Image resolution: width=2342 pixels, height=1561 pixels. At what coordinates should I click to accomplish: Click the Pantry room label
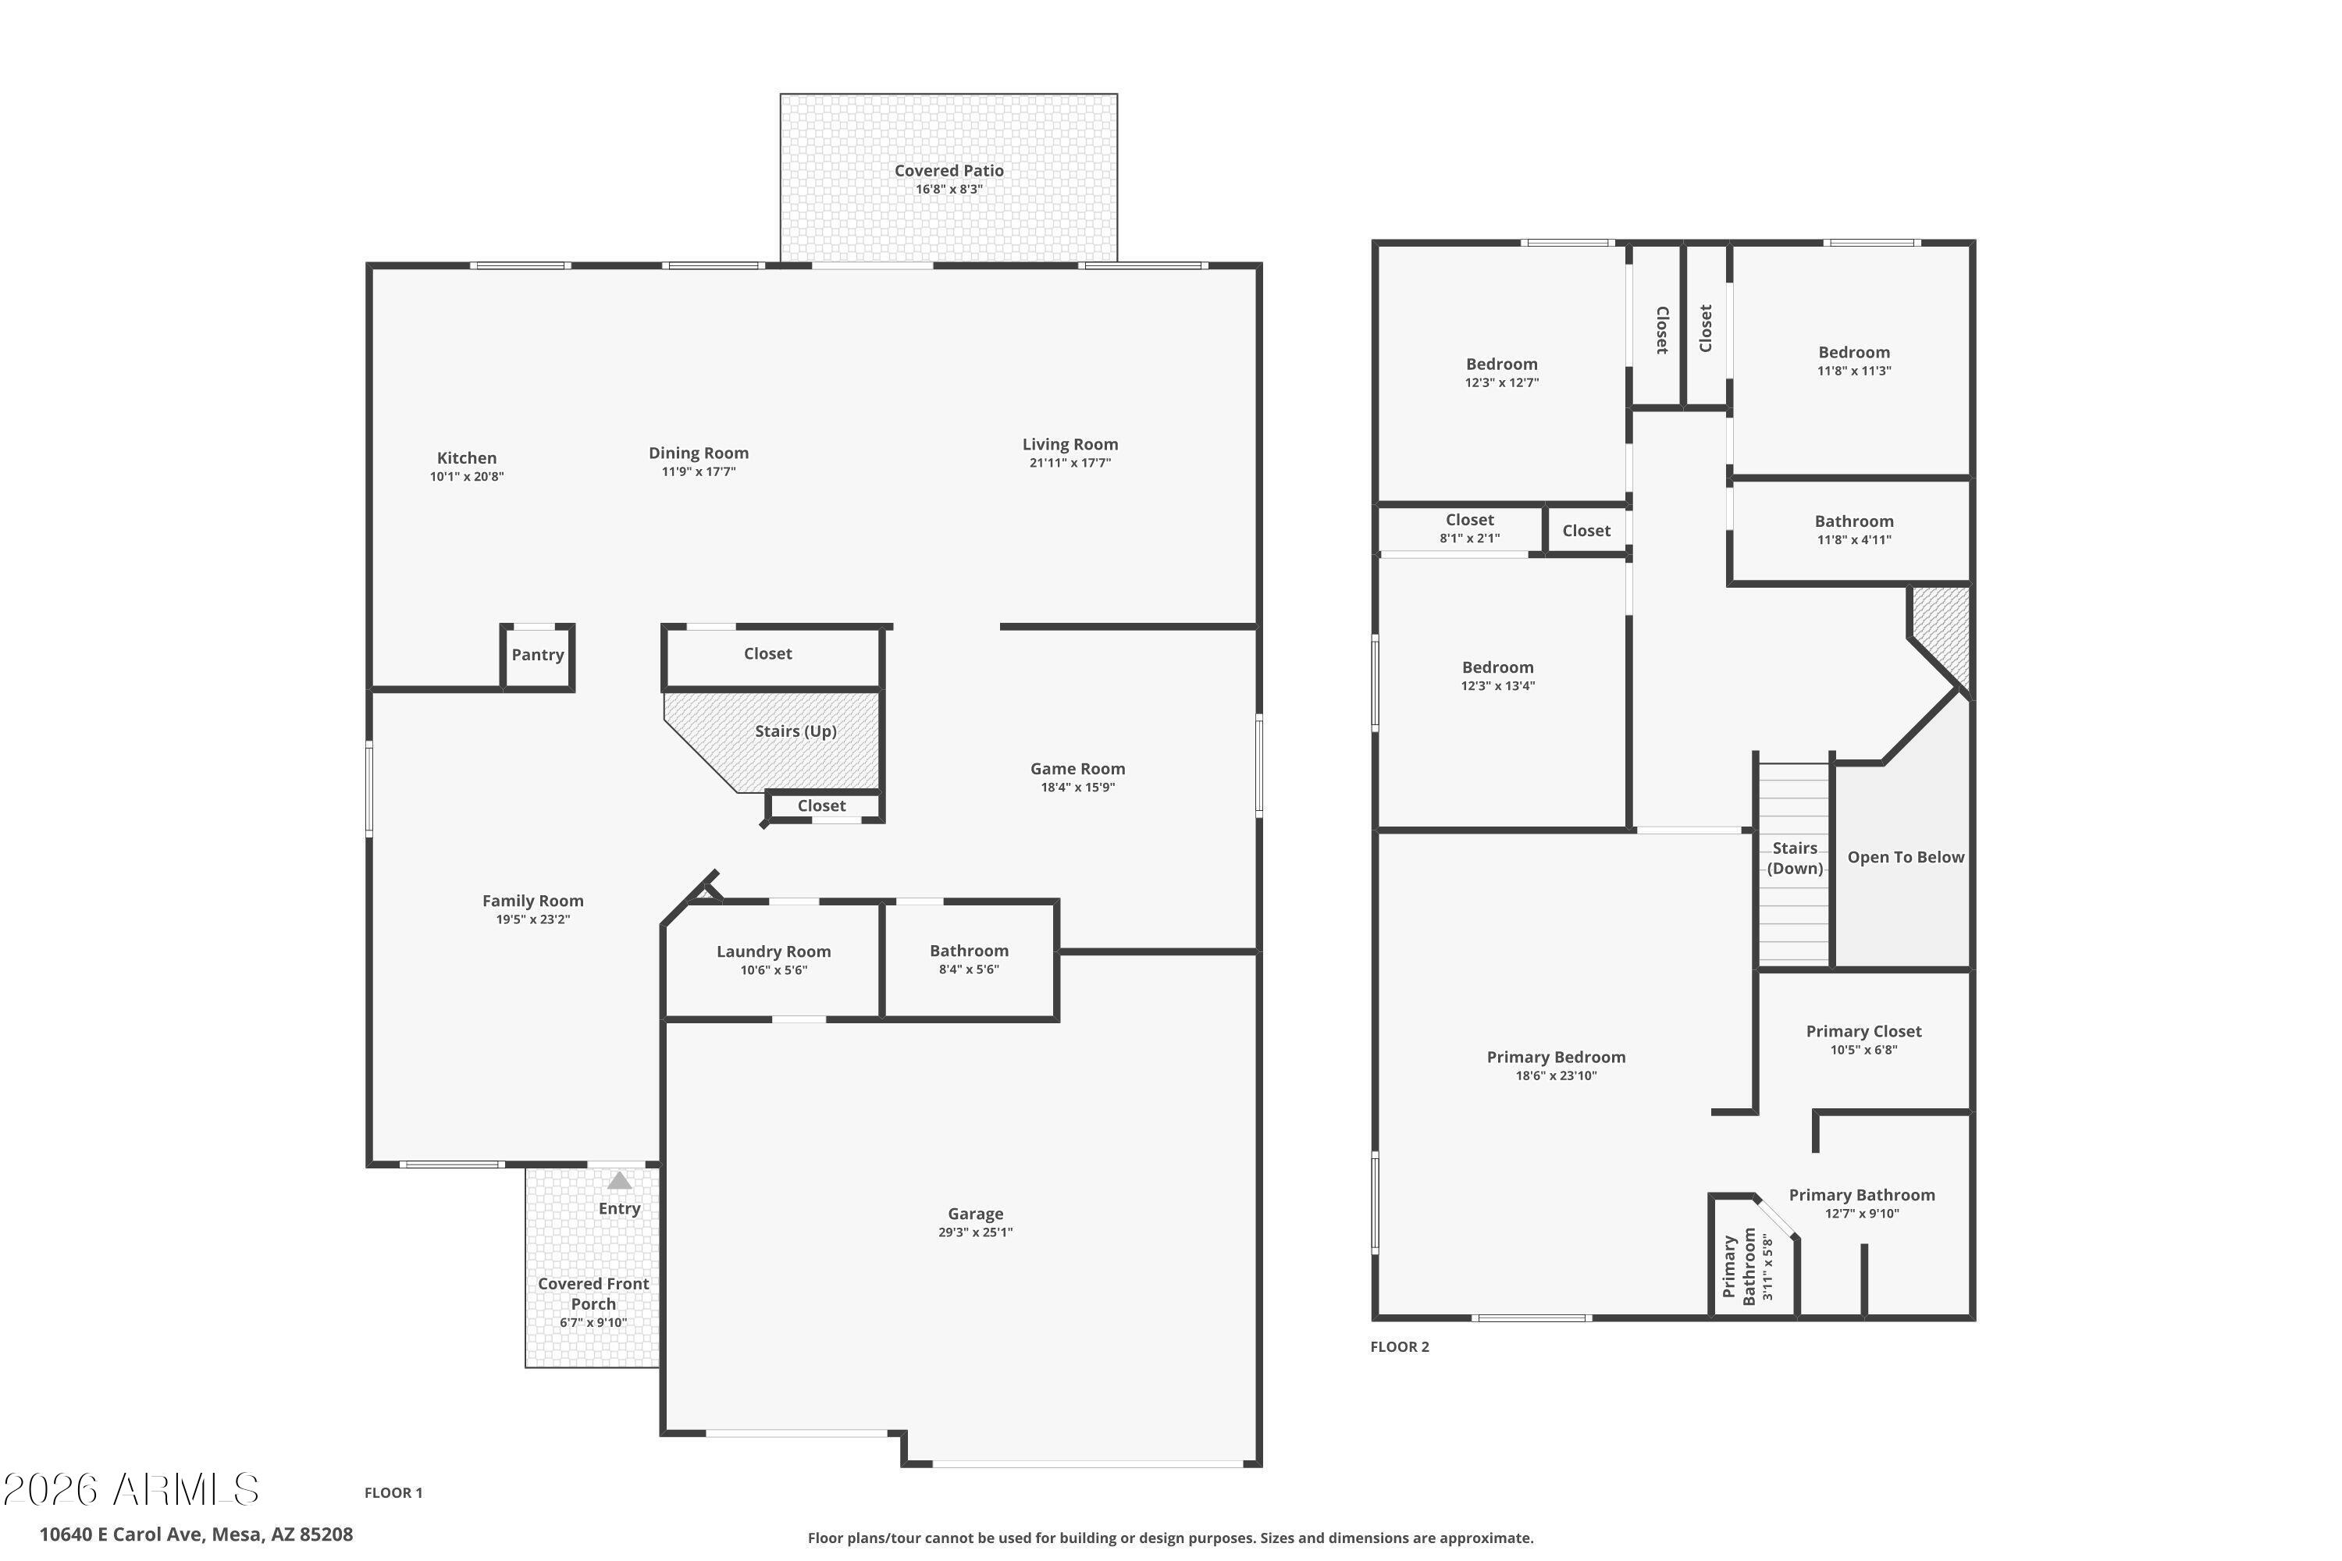click(538, 655)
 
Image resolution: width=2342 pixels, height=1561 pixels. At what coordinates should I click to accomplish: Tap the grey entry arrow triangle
click(619, 1181)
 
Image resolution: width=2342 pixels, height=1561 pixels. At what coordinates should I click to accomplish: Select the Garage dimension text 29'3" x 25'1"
click(975, 1232)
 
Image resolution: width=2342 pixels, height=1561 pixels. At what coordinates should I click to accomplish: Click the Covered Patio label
click(949, 171)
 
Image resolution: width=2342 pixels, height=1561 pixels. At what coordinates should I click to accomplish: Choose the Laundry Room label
click(774, 951)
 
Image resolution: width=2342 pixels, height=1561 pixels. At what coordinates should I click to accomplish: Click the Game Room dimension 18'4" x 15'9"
click(1077, 788)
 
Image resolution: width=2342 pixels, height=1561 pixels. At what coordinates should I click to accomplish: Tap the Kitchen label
click(467, 458)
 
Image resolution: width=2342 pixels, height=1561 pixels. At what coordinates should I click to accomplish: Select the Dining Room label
click(698, 453)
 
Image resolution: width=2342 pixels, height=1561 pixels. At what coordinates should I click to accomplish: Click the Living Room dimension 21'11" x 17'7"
click(1070, 463)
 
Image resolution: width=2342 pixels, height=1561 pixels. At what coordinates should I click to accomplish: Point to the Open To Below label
click(1906, 857)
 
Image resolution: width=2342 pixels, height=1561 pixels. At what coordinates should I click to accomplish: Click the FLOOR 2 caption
click(1399, 1347)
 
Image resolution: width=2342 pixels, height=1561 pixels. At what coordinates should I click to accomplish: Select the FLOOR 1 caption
click(393, 1492)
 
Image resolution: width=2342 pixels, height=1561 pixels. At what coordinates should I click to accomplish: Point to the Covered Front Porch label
click(593, 1294)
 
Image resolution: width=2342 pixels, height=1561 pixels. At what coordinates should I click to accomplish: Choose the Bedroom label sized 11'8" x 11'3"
click(1853, 353)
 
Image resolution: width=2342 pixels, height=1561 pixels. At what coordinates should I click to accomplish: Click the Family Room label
click(532, 901)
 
